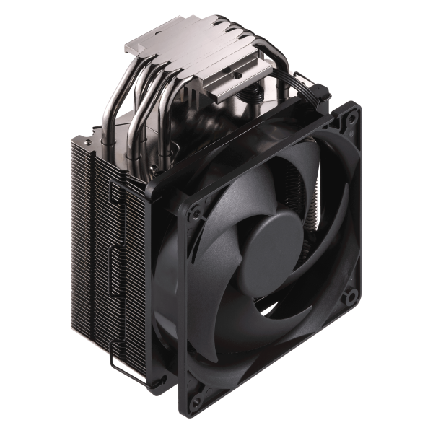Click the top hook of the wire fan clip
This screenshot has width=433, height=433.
(x=115, y=189)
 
